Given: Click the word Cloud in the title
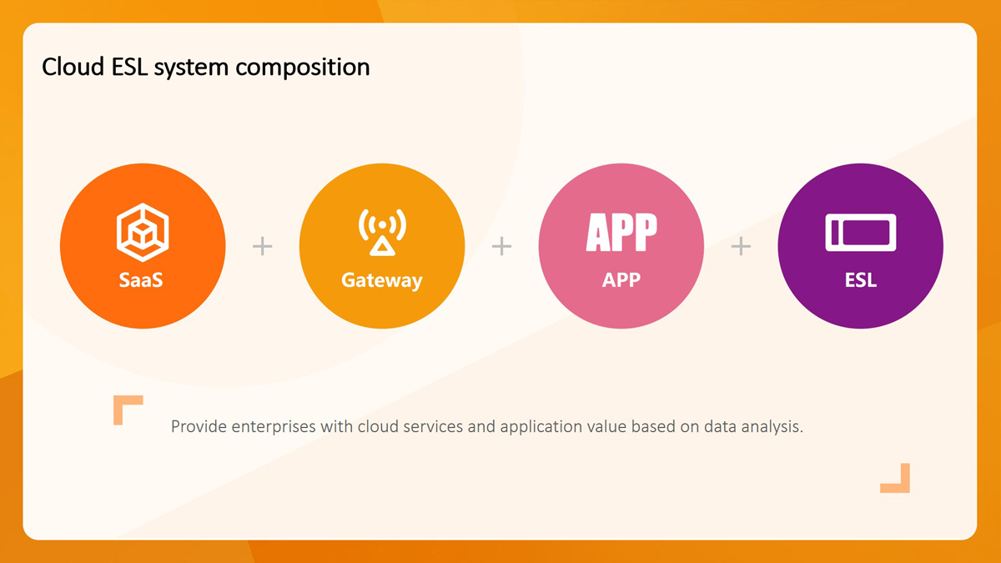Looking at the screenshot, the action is point(73,67).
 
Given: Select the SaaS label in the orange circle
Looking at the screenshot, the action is point(141,280).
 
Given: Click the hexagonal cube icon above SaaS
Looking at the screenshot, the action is point(143,233).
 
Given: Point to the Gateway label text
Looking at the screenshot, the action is point(382,281).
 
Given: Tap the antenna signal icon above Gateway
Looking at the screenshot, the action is point(382,233).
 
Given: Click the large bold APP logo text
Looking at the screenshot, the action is point(621,233).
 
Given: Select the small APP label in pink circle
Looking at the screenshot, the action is point(621,280).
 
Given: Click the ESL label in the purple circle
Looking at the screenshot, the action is point(861,280).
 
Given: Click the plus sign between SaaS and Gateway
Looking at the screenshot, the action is point(262,246).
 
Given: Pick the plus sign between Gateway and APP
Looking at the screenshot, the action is point(501,246).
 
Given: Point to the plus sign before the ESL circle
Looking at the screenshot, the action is point(741,246).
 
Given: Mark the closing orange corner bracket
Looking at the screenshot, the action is point(905,488).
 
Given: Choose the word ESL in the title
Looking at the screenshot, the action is point(129,67).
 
